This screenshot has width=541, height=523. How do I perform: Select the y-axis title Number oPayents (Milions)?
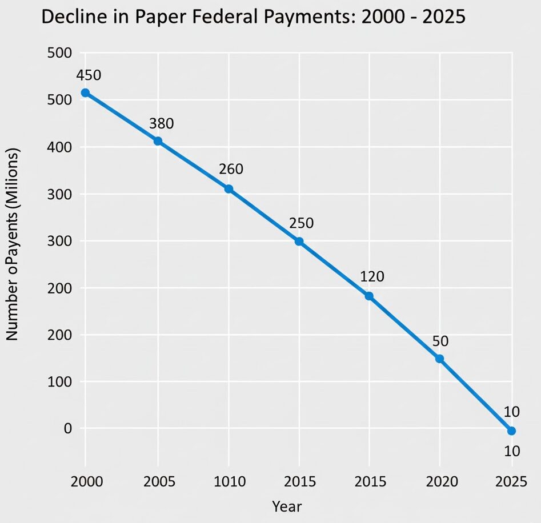tap(13, 244)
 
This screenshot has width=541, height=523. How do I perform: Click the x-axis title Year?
tap(286, 506)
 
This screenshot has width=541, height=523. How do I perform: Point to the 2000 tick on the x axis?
tap(87, 482)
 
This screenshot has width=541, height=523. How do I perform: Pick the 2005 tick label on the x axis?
tap(158, 482)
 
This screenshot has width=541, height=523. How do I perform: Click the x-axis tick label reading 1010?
tap(229, 482)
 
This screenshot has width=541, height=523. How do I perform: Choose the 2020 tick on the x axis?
tap(440, 482)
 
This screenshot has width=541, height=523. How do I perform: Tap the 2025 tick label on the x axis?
tap(511, 482)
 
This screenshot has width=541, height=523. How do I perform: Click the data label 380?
tap(161, 123)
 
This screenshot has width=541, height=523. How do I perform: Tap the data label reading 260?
tap(231, 169)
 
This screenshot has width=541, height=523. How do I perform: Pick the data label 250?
tap(301, 223)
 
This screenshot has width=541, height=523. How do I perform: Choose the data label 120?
tap(372, 277)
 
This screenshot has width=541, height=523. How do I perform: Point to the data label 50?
tap(440, 341)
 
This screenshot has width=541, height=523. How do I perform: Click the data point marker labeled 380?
tap(158, 141)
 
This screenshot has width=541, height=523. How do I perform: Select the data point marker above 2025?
tap(511, 431)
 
